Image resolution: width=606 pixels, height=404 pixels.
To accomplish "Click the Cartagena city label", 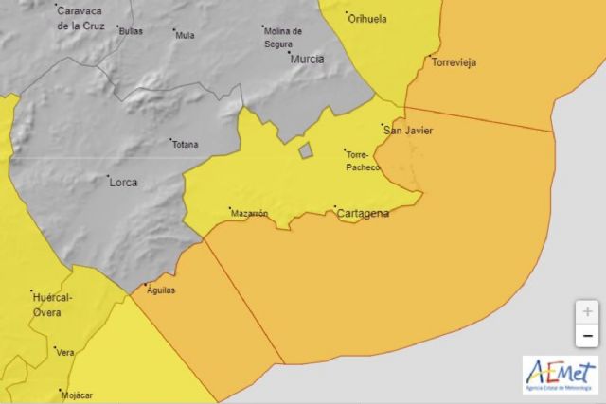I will tap(363, 214).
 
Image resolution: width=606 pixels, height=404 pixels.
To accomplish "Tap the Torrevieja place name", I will tap(454, 62).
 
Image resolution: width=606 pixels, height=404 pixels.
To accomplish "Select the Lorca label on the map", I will tap(123, 182).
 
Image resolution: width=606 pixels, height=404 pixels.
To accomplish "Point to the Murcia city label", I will tap(307, 59).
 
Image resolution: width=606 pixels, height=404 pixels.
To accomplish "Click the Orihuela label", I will tap(367, 18).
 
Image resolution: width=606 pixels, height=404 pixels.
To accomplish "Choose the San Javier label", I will tap(409, 131).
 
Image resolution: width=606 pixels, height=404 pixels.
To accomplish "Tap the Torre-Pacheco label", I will tap(364, 161).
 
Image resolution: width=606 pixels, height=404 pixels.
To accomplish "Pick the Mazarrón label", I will tap(250, 214).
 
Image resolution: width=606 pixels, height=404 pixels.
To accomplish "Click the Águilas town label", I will tap(161, 290).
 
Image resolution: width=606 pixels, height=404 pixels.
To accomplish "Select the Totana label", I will tap(186, 145).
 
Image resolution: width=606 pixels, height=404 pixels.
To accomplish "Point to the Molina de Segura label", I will tap(283, 37).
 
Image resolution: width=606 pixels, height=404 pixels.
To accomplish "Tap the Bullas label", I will tap(131, 31).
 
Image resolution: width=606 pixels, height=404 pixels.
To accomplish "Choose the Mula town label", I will tap(186, 36).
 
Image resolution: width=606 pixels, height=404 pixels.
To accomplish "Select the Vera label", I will tap(65, 353).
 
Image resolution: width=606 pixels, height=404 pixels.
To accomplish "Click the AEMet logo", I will tap(560, 375).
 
